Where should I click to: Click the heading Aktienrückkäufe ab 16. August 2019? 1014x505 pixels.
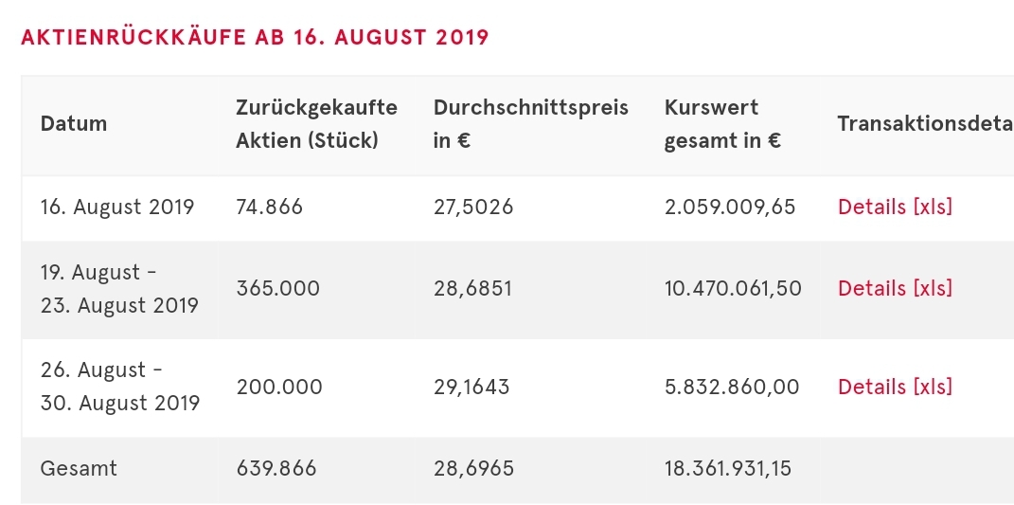255,38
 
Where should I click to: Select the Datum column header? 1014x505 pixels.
74,123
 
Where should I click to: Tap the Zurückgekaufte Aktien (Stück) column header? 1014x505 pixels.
316,124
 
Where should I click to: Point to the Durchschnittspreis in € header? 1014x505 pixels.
530,124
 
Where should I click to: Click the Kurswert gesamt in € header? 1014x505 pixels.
722,124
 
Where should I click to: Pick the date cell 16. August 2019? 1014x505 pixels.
117,207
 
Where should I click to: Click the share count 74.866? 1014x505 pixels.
269,207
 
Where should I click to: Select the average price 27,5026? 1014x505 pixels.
473,207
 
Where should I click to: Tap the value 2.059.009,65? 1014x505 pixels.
730,207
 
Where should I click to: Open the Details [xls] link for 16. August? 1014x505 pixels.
895,207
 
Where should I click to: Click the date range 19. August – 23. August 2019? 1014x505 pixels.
119,289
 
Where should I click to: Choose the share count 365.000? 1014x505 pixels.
277,288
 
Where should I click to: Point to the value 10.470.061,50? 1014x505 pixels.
733,288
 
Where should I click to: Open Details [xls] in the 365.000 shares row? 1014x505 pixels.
895,288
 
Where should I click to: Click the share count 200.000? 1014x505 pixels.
278,387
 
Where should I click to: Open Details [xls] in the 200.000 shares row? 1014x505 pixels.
895,387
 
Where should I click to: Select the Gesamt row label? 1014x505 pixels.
79,468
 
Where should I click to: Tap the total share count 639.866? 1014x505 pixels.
276,468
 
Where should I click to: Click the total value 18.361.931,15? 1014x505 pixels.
728,468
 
